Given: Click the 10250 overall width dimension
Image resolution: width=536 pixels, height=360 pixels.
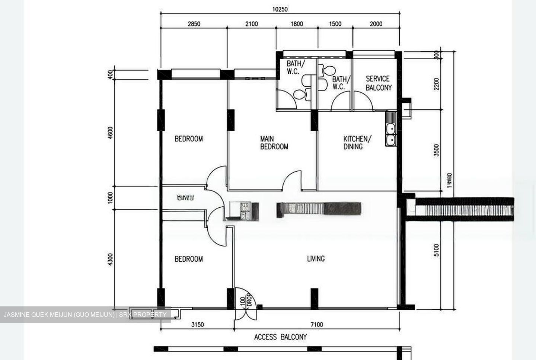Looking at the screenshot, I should pyautogui.click(x=280, y=9).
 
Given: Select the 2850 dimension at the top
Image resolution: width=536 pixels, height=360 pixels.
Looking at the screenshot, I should pyautogui.click(x=194, y=24).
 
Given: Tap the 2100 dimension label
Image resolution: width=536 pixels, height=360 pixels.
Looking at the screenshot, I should pyautogui.click(x=251, y=24).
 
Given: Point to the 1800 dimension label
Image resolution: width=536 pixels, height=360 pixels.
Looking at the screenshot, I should pyautogui.click(x=297, y=24).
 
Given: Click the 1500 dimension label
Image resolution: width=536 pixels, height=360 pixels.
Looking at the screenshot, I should pyautogui.click(x=335, y=24).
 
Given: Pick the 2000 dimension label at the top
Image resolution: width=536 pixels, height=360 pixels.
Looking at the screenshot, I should pyautogui.click(x=376, y=24).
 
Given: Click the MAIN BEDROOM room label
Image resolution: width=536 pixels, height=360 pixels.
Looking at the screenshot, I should pyautogui.click(x=274, y=143).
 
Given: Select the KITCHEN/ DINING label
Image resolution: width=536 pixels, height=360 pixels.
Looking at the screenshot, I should pyautogui.click(x=357, y=143).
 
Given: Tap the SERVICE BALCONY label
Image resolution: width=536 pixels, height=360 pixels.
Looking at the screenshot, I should pyautogui.click(x=378, y=83).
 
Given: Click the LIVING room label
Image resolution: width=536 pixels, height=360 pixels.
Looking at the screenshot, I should pyautogui.click(x=316, y=258).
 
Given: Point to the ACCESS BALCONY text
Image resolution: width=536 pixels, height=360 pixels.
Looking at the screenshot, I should pyautogui.click(x=280, y=337).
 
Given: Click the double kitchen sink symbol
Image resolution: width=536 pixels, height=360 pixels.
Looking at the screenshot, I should pyautogui.click(x=391, y=135).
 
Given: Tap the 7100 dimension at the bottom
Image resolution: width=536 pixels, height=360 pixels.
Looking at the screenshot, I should pyautogui.click(x=316, y=325).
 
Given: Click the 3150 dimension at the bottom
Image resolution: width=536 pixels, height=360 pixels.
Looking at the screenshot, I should pyautogui.click(x=197, y=325).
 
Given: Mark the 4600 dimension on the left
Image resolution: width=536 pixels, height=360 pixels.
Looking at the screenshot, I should pyautogui.click(x=110, y=133).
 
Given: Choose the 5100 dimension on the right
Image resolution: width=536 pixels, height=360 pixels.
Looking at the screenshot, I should pyautogui.click(x=436, y=250).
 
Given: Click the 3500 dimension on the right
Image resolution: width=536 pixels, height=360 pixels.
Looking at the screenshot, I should pyautogui.click(x=436, y=150).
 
